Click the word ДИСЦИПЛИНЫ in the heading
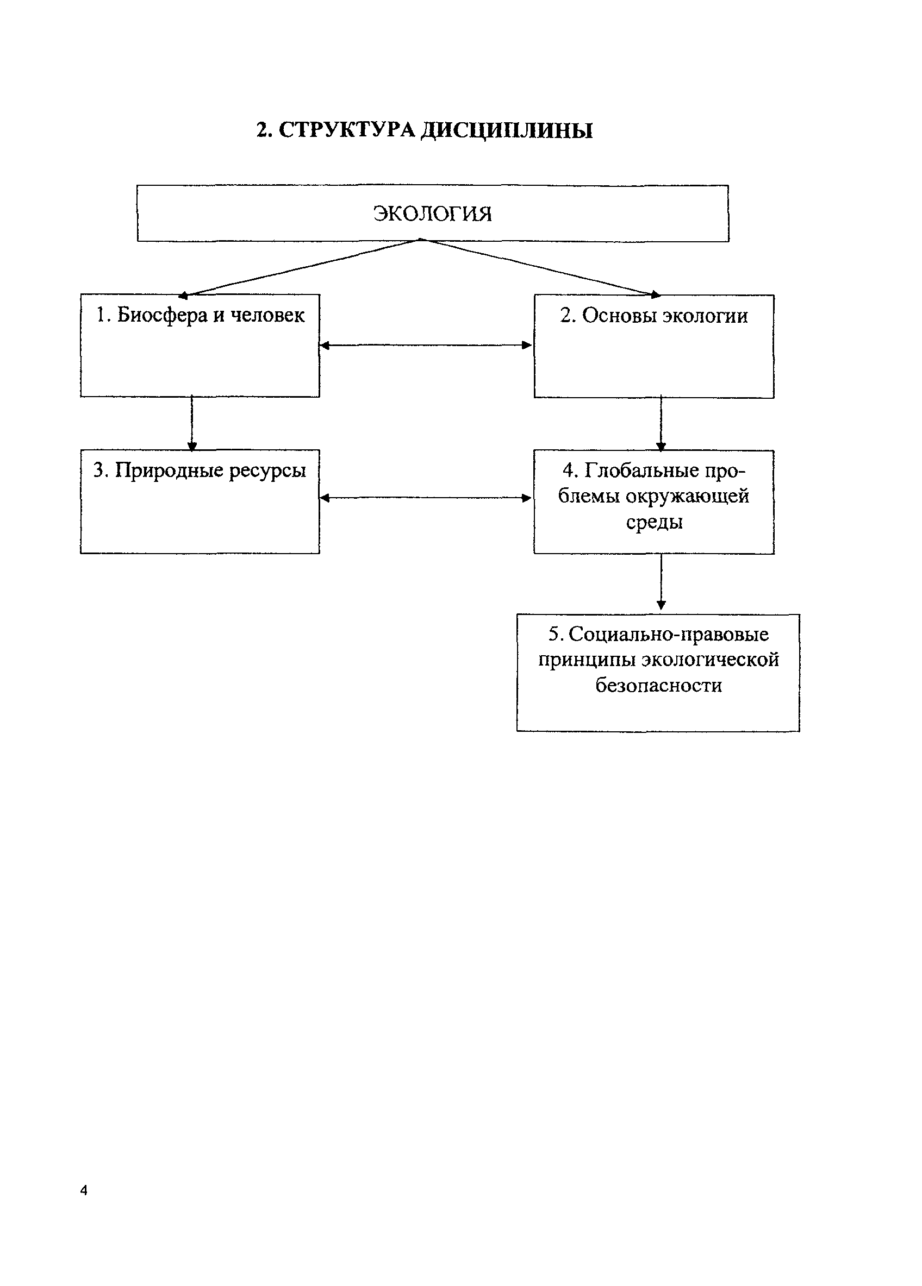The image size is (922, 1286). (x=506, y=130)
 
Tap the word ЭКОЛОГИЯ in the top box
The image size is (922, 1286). (x=432, y=214)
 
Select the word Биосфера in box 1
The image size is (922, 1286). (x=162, y=315)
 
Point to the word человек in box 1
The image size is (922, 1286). (x=267, y=315)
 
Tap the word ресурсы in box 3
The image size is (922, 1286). (x=267, y=470)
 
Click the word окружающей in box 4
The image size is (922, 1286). (x=687, y=496)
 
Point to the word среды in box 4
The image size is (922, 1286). (x=654, y=522)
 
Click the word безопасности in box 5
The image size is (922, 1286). (x=658, y=686)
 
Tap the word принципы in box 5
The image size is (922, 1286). (x=587, y=660)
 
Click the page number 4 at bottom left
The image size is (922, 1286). (x=84, y=1190)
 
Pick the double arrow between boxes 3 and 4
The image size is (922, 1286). (x=426, y=498)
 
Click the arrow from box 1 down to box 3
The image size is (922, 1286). (x=192, y=423)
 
